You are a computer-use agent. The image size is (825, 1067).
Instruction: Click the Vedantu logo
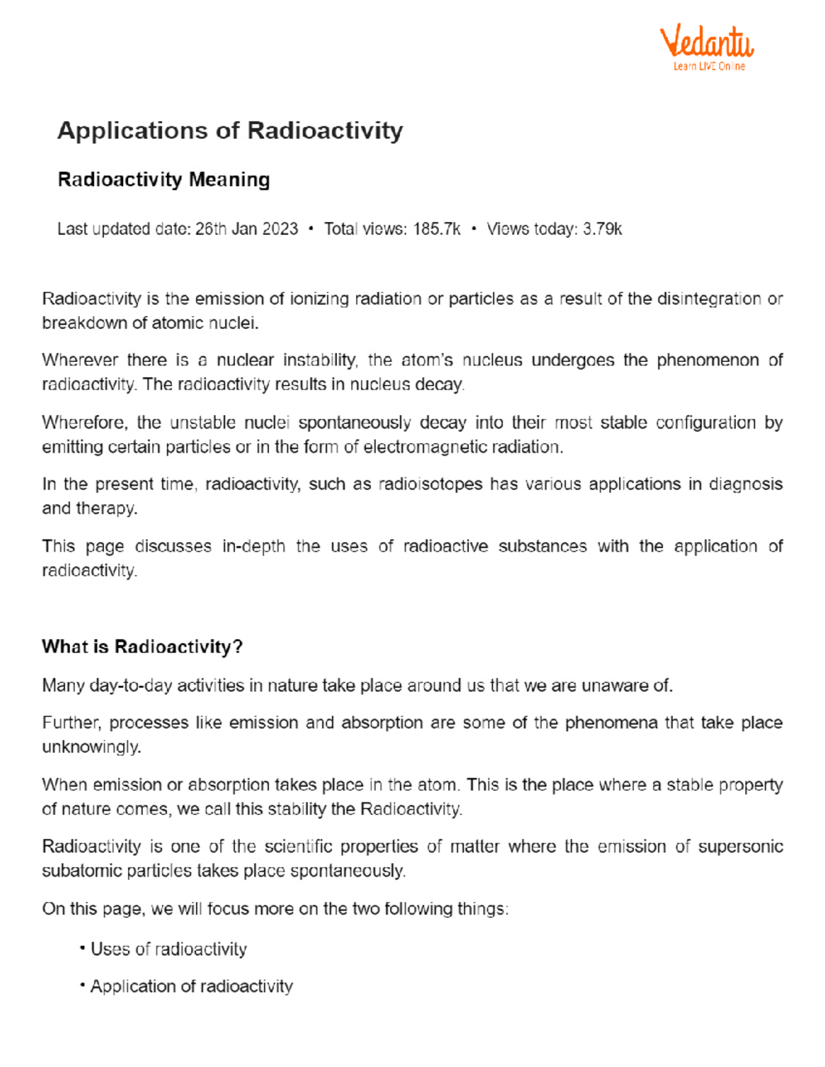[x=707, y=41]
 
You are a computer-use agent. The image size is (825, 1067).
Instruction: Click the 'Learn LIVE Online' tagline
[x=709, y=66]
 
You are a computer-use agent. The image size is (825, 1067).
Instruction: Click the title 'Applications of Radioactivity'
[x=230, y=131]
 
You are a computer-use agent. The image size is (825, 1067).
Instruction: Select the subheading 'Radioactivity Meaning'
[x=164, y=180]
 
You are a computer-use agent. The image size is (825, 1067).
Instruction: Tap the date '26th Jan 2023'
[x=246, y=229]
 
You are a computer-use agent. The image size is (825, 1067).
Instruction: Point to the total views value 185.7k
[x=437, y=229]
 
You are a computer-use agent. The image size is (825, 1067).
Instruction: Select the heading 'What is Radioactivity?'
[x=142, y=647]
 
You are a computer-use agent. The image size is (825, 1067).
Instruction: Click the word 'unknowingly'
[x=91, y=747]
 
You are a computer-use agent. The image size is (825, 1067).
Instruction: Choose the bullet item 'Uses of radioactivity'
[x=168, y=949]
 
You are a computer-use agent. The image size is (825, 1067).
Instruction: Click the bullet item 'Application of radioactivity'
[x=191, y=986]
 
